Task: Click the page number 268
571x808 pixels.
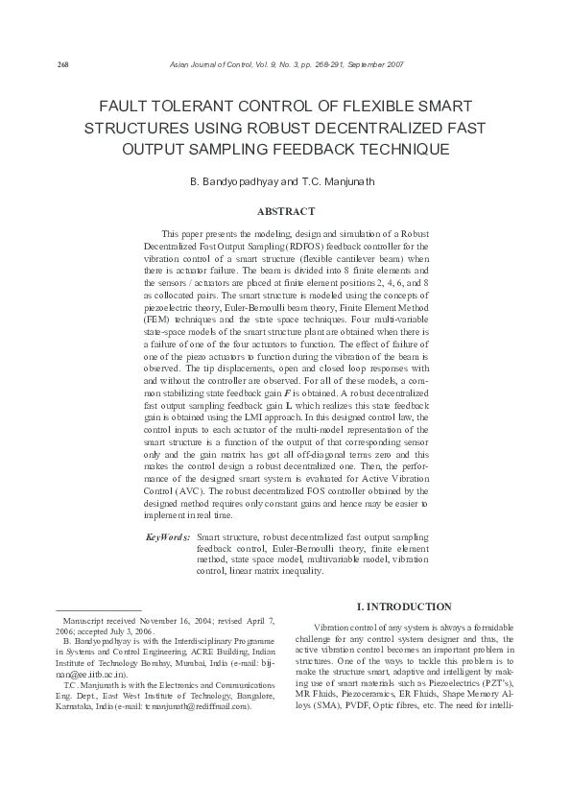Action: [x=37, y=64]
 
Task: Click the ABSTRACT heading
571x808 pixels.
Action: [x=285, y=211]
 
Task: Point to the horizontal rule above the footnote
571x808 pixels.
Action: [x=99, y=611]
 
